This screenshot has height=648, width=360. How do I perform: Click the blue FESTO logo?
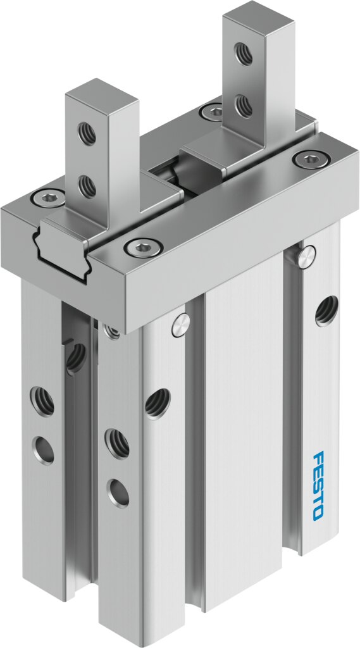tap(318, 485)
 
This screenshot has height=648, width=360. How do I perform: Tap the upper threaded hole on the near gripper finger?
tap(87, 134)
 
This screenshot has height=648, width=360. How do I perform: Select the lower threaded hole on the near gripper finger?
tap(87, 187)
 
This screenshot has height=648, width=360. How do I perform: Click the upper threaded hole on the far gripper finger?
tap(244, 53)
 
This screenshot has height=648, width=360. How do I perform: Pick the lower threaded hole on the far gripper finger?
tap(244, 106)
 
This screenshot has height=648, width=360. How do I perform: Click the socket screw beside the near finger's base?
tap(47, 197)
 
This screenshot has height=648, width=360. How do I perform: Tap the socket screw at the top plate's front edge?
tap(144, 247)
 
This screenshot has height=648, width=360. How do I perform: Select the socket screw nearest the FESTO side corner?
tap(311, 158)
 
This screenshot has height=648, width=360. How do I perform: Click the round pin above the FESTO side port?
tap(306, 257)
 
